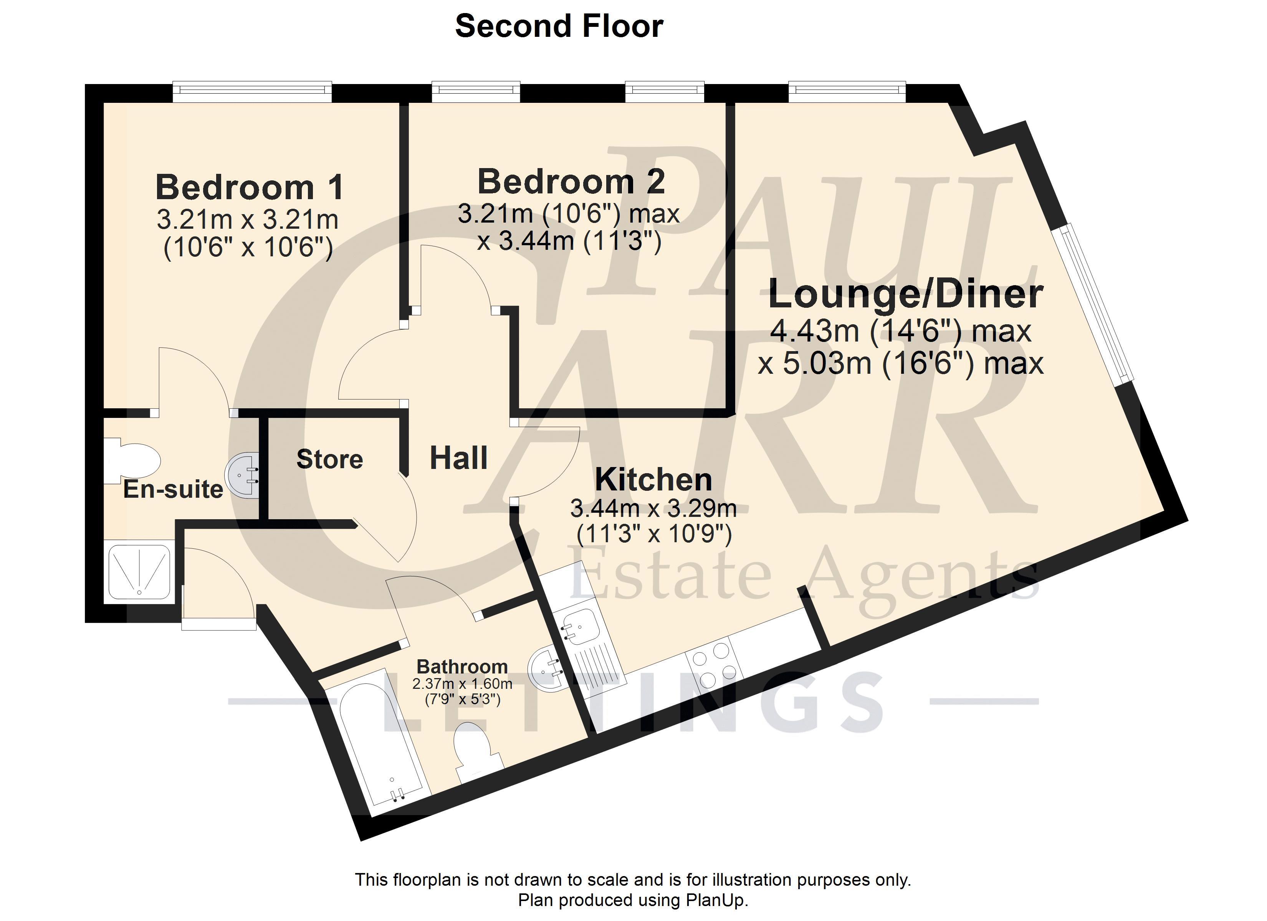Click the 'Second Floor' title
click(x=559, y=26)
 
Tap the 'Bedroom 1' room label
click(x=249, y=187)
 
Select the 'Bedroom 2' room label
click(x=571, y=182)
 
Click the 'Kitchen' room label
click(x=653, y=479)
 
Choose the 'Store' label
click(x=329, y=459)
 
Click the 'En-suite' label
click(x=173, y=489)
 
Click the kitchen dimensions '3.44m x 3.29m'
click(x=653, y=508)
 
